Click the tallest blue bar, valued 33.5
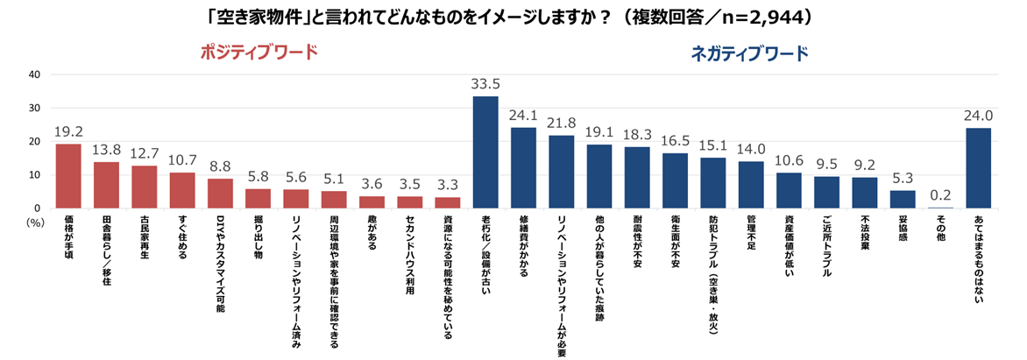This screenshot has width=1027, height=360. pos(485,152)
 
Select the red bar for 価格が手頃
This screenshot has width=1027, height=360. pos(68,176)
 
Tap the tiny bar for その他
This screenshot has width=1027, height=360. pos(941,208)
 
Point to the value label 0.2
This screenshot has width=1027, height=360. pos(941,197)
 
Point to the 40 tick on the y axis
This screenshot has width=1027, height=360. pos(35,74)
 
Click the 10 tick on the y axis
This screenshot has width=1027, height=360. pos(35,175)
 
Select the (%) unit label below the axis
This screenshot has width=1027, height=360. pos(35,223)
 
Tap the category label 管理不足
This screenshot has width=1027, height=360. pos(751,236)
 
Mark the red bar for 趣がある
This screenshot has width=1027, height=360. pos(372,202)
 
